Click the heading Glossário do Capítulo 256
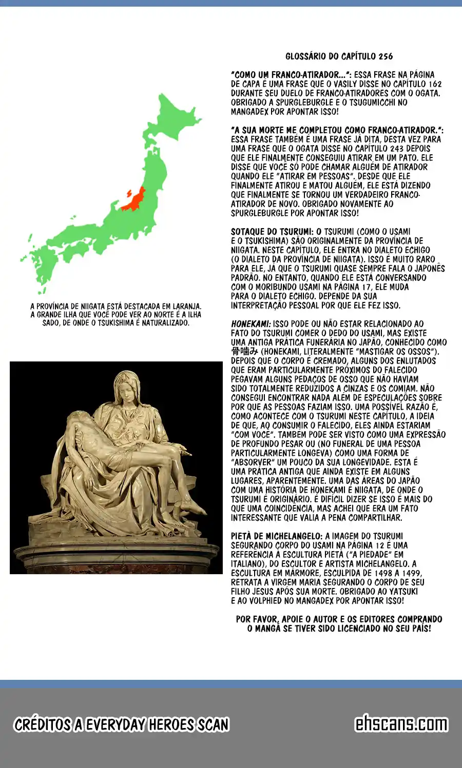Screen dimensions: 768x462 (339, 56)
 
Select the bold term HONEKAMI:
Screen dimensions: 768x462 (251, 324)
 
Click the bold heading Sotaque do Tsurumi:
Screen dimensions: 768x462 (272, 232)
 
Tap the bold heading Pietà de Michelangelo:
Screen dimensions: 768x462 (277, 536)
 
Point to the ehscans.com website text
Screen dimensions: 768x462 (401, 724)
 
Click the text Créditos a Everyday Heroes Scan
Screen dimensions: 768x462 (121, 724)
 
